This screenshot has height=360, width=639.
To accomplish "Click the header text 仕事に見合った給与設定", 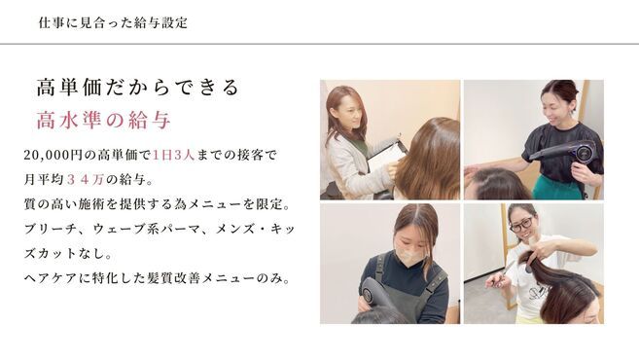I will coord(113,22).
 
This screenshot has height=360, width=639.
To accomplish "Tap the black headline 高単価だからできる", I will coord(137,89).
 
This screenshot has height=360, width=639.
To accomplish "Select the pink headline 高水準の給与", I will coord(103,122).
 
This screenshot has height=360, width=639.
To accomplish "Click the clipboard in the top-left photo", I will coord(386,156).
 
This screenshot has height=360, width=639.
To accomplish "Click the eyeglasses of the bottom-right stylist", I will coord(521,225).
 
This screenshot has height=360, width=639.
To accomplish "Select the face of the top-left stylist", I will coord(347,114).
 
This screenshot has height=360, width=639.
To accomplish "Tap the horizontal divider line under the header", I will coord(319,44).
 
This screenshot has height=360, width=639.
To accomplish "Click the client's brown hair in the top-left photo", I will coord(428,161).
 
